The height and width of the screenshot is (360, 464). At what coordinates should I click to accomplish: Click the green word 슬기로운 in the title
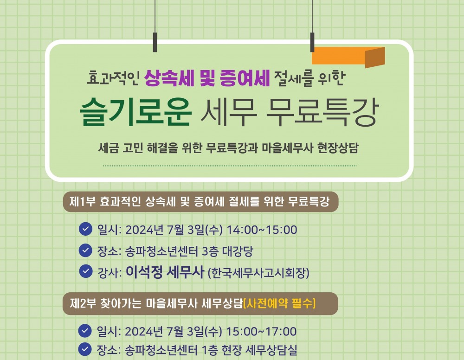pyautogui.click(x=135, y=114)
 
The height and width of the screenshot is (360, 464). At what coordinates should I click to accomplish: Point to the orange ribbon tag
pyautogui.click(x=348, y=56)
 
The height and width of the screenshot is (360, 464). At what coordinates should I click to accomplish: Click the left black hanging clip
pyautogui.click(x=155, y=41)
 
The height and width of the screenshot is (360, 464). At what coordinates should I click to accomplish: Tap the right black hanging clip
pyautogui.click(x=312, y=41)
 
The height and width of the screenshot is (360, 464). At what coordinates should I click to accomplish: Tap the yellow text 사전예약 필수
pyautogui.click(x=279, y=304)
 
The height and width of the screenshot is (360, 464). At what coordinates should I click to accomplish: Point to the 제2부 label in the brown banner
pyautogui.click(x=82, y=304)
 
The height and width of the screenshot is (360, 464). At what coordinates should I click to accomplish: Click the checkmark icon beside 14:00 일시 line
pyautogui.click(x=85, y=229)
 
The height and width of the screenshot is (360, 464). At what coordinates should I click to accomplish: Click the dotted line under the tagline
pyautogui.click(x=230, y=165)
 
